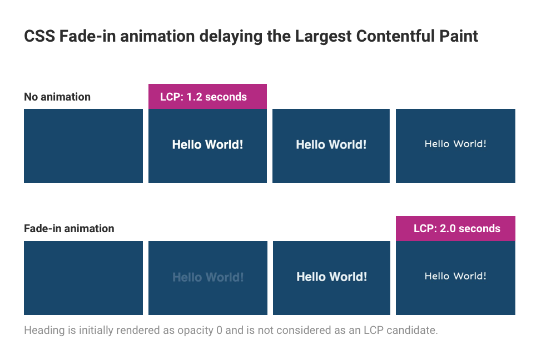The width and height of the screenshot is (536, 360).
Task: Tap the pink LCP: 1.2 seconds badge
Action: (x=207, y=97)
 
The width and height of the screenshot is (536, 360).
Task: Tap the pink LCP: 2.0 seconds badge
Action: (x=456, y=228)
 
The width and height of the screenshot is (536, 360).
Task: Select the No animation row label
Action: (x=57, y=97)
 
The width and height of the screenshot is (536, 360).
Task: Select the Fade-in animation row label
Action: (x=69, y=228)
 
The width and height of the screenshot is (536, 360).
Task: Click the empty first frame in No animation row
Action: (x=83, y=146)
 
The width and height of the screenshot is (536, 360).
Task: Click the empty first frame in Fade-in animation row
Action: (x=83, y=278)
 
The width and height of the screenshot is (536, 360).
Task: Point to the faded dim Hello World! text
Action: (x=208, y=277)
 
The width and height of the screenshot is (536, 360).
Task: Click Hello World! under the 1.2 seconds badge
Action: (x=207, y=145)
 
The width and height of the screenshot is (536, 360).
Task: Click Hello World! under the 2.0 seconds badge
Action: (x=455, y=276)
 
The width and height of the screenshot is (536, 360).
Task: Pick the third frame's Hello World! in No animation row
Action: (x=331, y=145)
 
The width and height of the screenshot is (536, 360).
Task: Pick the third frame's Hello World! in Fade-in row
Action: (x=331, y=277)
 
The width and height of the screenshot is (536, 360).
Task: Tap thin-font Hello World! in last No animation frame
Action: (x=455, y=144)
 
